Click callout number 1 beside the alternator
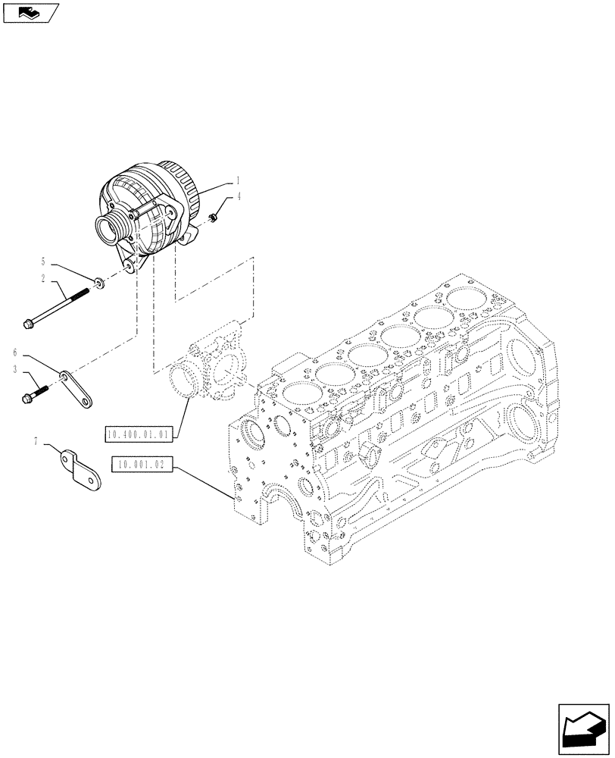[x=238, y=181]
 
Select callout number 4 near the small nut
[x=239, y=197]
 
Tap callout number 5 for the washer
[x=43, y=261]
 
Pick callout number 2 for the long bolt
[x=43, y=280]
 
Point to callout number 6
[x=15, y=352]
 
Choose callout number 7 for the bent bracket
[x=36, y=440]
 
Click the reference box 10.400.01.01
[x=142, y=434]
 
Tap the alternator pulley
[x=108, y=227]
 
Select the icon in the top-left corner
[x=30, y=13]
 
